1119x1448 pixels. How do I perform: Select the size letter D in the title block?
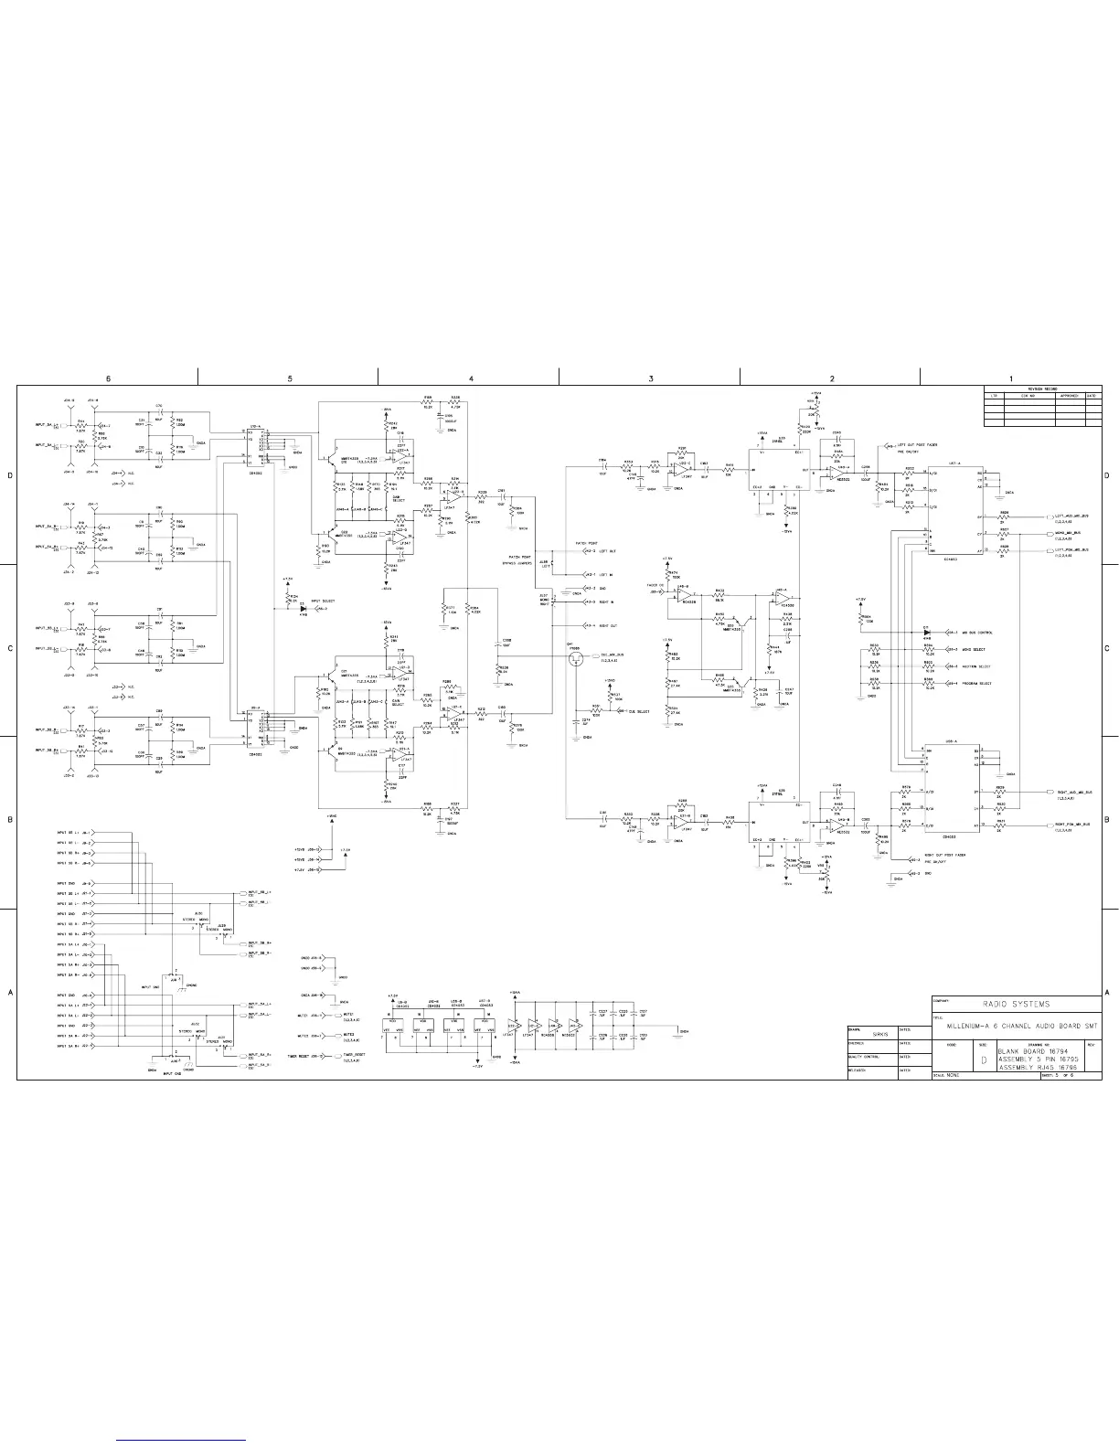click(x=983, y=1060)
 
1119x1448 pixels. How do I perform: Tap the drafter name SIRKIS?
click(x=880, y=1034)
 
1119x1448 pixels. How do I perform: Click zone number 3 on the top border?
click(x=650, y=378)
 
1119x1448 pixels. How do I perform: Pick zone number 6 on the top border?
click(x=108, y=378)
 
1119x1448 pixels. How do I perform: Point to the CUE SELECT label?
click(x=638, y=711)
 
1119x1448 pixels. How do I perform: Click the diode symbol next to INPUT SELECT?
click(x=303, y=607)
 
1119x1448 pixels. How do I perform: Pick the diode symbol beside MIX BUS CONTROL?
click(x=926, y=632)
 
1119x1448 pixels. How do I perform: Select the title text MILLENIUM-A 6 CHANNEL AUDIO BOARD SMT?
click(x=1015, y=1027)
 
